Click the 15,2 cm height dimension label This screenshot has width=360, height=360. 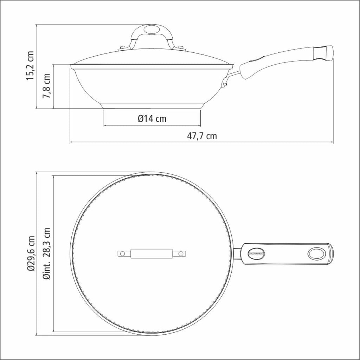[30, 66]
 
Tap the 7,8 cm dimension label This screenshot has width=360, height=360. [46, 86]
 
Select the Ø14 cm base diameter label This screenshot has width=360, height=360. [152, 119]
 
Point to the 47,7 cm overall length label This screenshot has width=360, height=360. [202, 136]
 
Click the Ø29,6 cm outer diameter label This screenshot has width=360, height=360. [31, 253]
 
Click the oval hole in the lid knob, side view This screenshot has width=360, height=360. [151, 30]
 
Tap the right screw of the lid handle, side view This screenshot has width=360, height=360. [181, 48]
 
